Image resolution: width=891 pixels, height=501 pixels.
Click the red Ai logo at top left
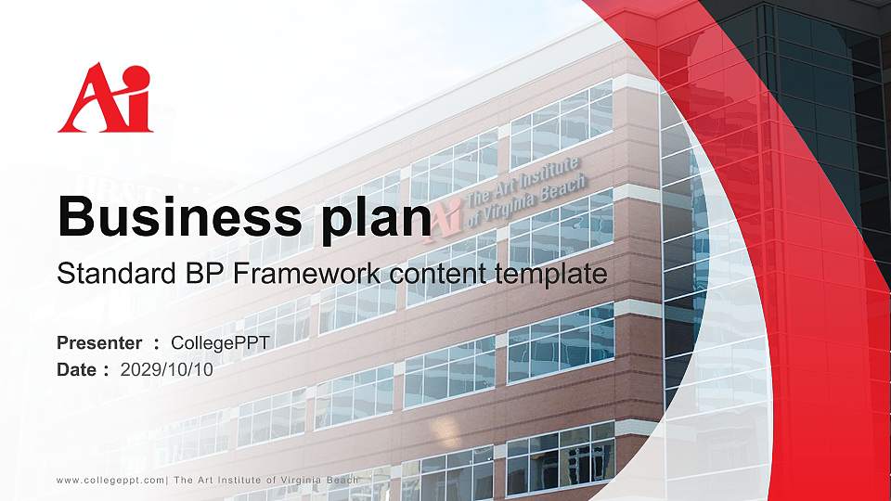(104, 98)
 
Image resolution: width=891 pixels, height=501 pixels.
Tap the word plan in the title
(370, 217)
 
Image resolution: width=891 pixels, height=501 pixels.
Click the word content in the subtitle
(439, 274)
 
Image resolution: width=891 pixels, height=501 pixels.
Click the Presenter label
(99, 343)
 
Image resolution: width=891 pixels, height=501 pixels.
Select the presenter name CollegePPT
(220, 343)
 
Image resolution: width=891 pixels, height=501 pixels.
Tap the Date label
(77, 369)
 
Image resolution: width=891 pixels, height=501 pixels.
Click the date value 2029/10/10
(167, 369)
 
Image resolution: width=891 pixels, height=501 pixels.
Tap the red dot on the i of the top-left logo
(136, 73)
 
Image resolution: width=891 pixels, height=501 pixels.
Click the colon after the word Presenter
(157, 344)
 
